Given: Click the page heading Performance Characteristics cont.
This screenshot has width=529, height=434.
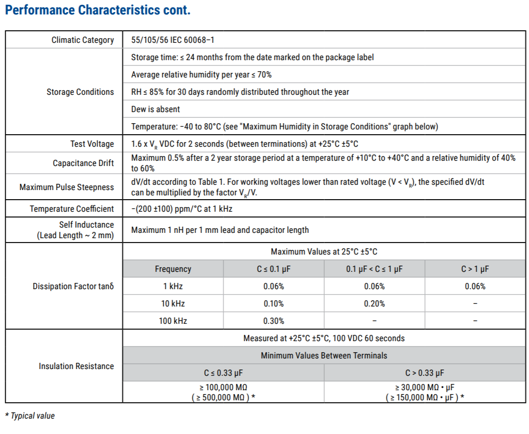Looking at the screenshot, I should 97,10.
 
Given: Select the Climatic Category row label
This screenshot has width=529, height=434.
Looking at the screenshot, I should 83,40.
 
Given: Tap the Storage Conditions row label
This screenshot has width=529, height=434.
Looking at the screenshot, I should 80,92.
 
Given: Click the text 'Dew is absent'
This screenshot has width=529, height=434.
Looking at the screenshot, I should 155,109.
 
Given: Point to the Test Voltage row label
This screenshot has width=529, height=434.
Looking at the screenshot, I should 92,144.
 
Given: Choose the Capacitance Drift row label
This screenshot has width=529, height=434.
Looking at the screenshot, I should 83,163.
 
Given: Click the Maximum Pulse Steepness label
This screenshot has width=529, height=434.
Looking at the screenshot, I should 66,187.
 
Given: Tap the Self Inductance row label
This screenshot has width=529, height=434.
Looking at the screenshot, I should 87,225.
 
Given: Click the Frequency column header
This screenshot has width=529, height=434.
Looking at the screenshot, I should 173,269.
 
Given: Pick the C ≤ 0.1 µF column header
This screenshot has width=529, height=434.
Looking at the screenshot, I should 274,269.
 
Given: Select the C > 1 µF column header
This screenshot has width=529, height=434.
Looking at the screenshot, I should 475,269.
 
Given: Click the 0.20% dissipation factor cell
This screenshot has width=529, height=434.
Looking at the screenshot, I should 374,304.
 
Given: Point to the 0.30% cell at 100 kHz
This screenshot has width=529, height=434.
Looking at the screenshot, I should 274,321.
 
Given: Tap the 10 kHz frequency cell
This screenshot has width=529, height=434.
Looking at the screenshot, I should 173,304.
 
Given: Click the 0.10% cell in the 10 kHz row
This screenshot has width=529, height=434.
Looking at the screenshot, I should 274,304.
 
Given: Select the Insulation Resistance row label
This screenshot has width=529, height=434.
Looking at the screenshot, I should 76,366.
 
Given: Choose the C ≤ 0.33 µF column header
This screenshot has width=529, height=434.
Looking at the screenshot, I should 223,373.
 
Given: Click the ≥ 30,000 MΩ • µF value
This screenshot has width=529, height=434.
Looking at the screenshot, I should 424,388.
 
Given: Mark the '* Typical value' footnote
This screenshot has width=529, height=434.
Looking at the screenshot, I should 30,416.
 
